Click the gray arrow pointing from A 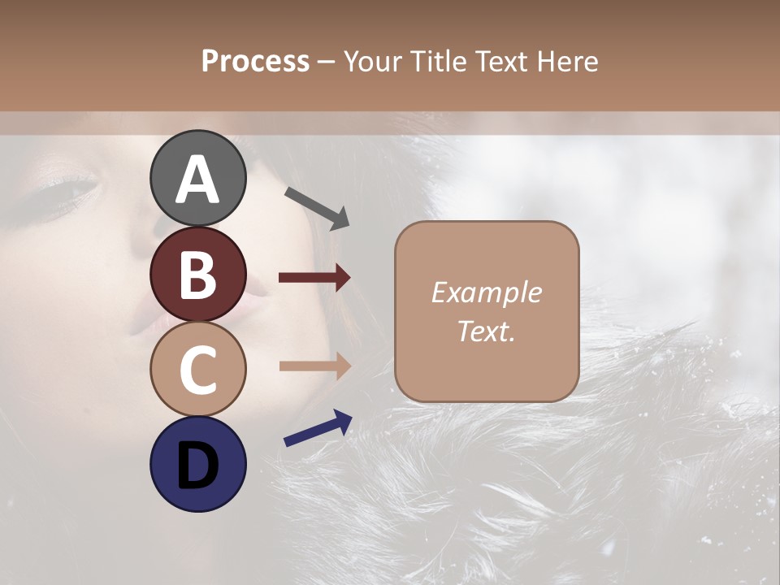(317, 208)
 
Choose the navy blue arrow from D (318, 429)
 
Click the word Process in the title (255, 62)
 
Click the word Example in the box (486, 292)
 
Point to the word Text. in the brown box (486, 331)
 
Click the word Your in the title (370, 62)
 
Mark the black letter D (198, 465)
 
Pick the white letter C (198, 370)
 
